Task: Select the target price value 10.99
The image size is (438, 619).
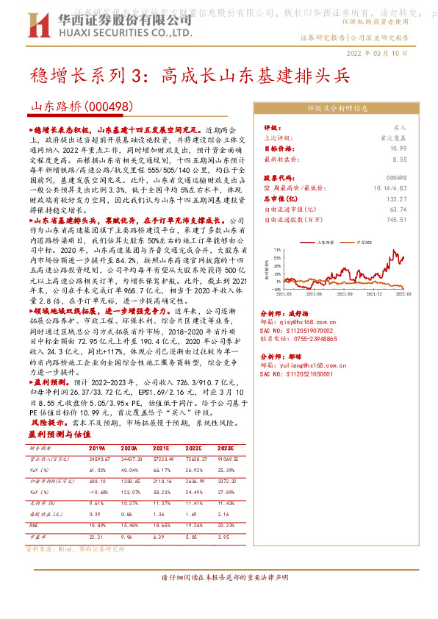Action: (398, 149)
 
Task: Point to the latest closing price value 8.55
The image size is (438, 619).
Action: (399, 159)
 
